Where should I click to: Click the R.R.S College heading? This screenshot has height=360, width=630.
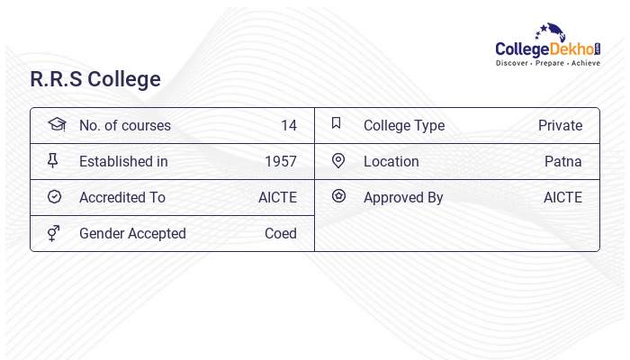pos(95,79)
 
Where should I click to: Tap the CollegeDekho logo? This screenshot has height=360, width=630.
pos(548,47)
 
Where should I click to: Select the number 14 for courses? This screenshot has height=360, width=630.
pos(288,126)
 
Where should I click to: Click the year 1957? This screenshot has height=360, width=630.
pos(281,162)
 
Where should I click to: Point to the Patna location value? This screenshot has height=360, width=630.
pos(563,162)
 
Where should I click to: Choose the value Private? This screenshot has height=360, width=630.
pos(560,126)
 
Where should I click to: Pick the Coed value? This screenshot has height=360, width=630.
pos(281,234)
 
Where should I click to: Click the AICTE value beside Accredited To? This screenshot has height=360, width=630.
pos(277,198)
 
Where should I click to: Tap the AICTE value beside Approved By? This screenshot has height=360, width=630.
pos(562,198)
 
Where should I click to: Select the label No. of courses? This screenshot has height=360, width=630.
pos(125,126)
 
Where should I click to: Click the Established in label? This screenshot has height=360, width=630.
pos(123,162)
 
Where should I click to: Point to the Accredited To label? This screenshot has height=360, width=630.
pos(122,198)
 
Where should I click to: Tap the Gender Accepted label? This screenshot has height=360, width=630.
pos(132,234)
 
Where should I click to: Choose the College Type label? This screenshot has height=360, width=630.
pos(404,126)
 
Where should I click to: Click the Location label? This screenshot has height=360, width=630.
pos(391,162)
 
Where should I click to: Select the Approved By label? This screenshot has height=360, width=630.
pos(403,198)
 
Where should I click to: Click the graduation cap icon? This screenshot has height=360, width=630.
pos(57,124)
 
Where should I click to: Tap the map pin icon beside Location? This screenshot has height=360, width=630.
pos(338,160)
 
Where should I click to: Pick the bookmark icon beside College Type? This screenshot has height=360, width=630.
pos(337,123)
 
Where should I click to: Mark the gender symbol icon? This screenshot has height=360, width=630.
pos(54,233)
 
